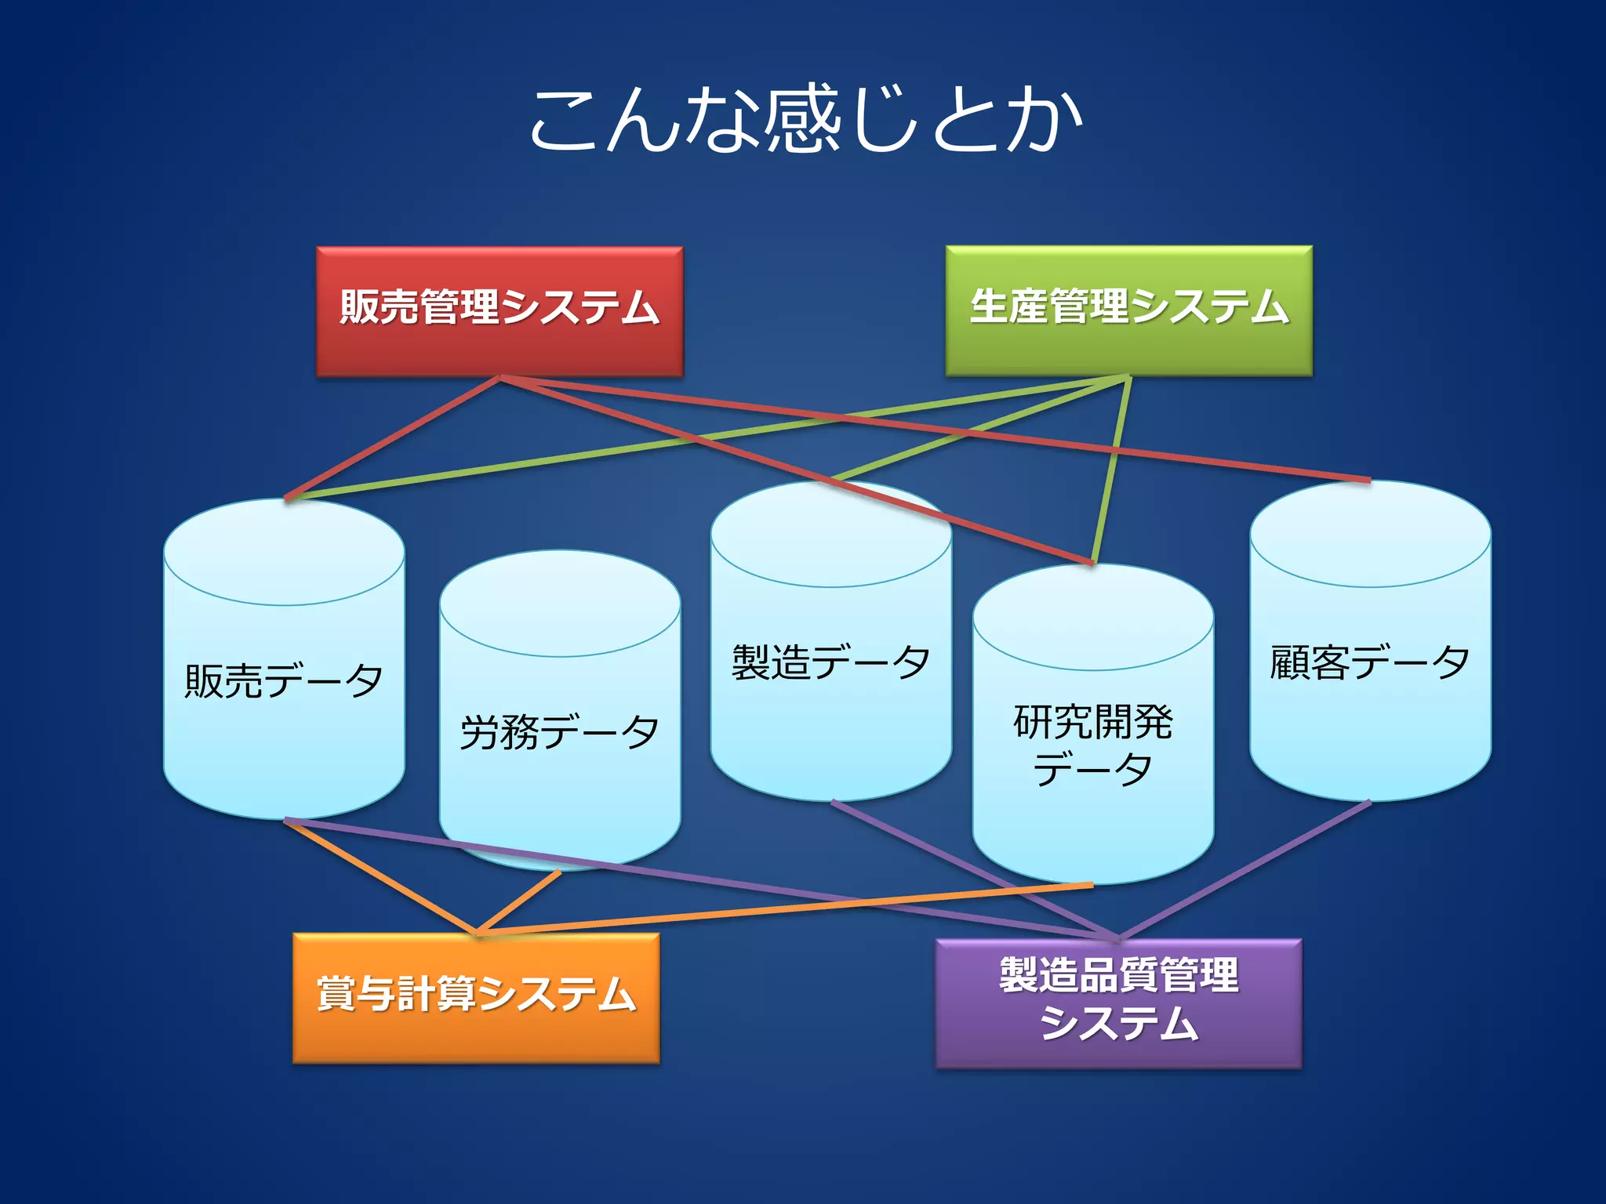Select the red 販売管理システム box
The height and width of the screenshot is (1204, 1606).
tap(500, 311)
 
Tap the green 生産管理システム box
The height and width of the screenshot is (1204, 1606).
tap(1128, 310)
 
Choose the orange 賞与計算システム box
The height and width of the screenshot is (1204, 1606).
tap(476, 997)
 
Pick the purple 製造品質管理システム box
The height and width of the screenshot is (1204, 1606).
tap(1118, 1003)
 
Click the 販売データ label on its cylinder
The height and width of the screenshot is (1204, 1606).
tap(284, 680)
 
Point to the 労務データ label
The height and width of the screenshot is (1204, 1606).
tap(559, 732)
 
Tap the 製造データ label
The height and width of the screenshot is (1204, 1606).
tap(830, 662)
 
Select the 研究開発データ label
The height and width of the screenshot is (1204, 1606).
tap(1092, 745)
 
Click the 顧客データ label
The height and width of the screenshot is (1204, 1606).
tap(1369, 662)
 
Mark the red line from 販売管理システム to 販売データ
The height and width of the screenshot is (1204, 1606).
tap(392, 437)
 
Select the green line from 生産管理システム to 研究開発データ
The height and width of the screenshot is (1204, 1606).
tap(1111, 470)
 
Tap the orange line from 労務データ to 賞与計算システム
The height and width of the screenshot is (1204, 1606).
tap(518, 902)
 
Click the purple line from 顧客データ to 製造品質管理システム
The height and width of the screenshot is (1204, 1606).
tap(1247, 869)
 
